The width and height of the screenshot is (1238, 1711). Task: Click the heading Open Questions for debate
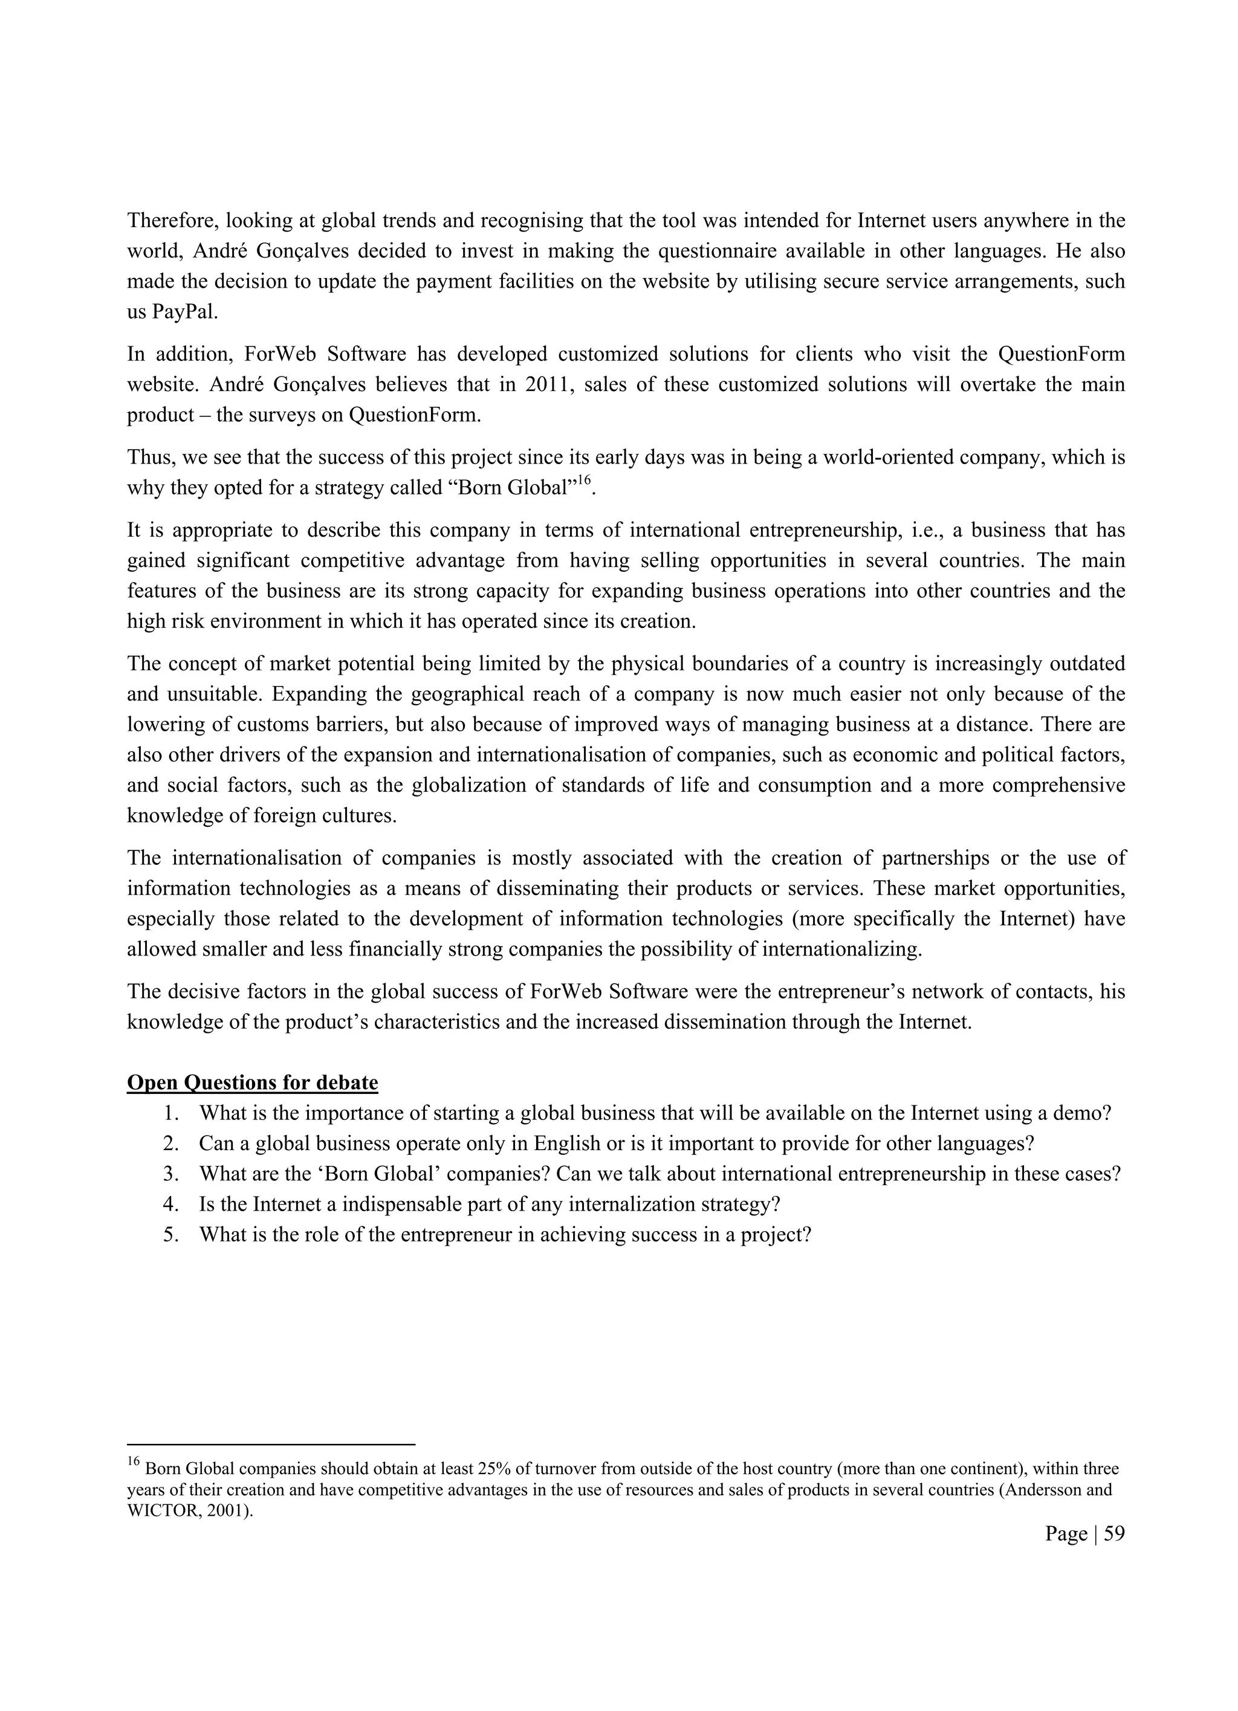(252, 1082)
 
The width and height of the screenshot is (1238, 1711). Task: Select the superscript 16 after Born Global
(583, 480)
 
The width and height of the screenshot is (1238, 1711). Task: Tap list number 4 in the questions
(170, 1203)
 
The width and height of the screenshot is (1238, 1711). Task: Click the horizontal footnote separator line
(271, 1444)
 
